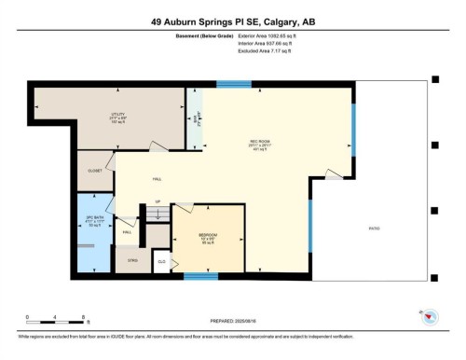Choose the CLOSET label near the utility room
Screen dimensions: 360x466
tap(94, 172)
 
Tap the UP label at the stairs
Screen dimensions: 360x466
tap(158, 201)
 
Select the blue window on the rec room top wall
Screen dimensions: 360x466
tap(227, 85)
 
